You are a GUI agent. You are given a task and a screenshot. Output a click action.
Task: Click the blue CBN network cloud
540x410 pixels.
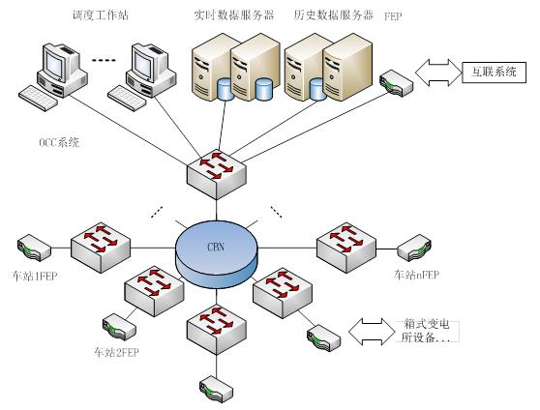(216, 254)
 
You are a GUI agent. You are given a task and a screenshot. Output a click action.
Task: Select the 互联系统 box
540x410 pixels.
(494, 73)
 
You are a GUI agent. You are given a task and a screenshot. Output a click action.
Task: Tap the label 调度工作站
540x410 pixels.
(101, 15)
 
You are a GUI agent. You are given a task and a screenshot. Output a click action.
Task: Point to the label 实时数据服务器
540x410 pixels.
(234, 15)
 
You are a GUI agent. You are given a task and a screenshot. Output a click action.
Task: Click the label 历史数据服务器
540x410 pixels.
(333, 15)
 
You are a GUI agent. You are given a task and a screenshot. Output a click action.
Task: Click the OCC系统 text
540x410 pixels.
(59, 142)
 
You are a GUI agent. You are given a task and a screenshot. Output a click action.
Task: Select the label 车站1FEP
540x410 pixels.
(35, 276)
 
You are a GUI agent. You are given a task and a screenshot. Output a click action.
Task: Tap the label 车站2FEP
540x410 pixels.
(116, 352)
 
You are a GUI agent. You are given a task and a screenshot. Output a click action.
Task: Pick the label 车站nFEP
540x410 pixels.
(416, 275)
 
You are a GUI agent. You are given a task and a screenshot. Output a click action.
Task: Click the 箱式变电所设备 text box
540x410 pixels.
(427, 331)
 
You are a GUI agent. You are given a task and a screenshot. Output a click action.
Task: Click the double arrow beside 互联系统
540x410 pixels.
(438, 73)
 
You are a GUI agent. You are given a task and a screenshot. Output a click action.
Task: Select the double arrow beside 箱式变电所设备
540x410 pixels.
(372, 332)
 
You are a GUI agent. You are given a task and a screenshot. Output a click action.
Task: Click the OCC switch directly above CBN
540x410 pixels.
(217, 175)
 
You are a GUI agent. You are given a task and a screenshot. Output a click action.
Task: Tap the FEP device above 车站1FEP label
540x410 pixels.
(34, 248)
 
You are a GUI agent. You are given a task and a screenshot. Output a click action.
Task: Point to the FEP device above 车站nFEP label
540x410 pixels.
(414, 248)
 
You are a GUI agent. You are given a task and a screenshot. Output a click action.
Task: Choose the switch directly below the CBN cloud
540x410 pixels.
(217, 331)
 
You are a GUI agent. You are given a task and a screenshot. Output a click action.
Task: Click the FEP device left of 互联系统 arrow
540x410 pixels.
(396, 83)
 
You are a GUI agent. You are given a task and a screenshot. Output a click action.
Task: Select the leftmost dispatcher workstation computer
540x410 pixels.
(52, 77)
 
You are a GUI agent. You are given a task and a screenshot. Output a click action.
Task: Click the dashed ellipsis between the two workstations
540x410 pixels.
(104, 61)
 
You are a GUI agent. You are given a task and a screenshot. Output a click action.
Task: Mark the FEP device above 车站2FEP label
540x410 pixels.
(119, 327)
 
